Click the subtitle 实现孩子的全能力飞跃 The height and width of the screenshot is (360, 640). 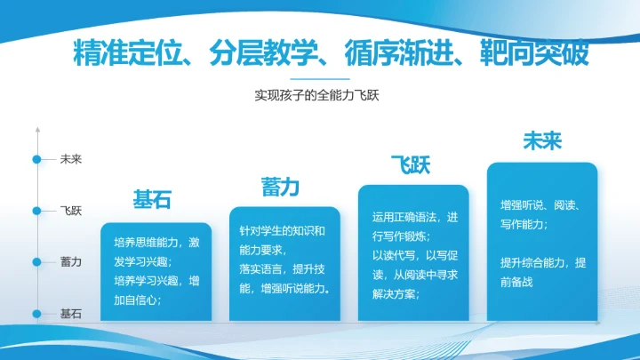(x=317, y=95)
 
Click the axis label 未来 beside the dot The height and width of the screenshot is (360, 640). (x=71, y=160)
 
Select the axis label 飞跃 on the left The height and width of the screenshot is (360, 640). (x=71, y=211)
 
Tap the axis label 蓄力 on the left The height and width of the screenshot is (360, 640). (x=71, y=261)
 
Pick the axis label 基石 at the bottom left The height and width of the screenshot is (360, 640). (x=71, y=313)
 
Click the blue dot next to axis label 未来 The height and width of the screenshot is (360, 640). (x=36, y=160)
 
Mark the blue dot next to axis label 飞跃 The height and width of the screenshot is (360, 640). (x=36, y=211)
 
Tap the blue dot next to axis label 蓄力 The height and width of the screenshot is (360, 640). (x=36, y=261)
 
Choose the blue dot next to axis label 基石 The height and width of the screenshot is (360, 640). (x=36, y=313)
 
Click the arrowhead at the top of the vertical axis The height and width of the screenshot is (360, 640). (x=36, y=130)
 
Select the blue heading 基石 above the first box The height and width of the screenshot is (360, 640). (x=151, y=199)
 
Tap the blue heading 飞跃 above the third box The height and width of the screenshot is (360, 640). (x=411, y=164)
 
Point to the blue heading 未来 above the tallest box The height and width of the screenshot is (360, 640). (x=542, y=140)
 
